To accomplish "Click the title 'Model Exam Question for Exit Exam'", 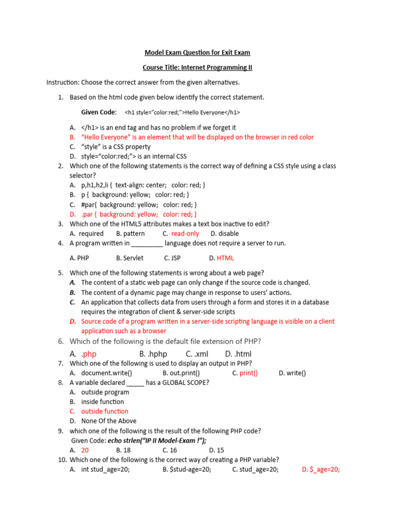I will pyautogui.click(x=197, y=52).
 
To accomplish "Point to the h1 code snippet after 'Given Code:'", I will pyautogui.click(x=182, y=112).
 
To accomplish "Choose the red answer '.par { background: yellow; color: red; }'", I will pyautogui.click(x=139, y=214).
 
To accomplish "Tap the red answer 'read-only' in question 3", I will pyautogui.click(x=185, y=234).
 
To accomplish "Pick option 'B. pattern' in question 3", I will pyautogui.click(x=131, y=234).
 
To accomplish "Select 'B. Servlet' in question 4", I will pyautogui.click(x=130, y=258).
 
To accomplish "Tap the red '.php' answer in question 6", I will pyautogui.click(x=89, y=354).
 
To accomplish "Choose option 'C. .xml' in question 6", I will pyautogui.click(x=197, y=354).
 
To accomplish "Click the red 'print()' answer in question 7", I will pyautogui.click(x=248, y=373).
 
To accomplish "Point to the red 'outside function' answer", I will pyautogui.click(x=105, y=411).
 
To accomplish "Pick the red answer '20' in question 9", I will pyautogui.click(x=85, y=450).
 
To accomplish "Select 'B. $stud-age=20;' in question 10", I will pyautogui.click(x=187, y=469).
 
